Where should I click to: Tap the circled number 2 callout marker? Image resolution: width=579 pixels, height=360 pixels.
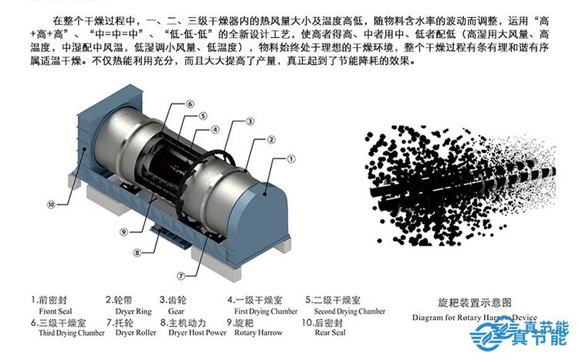coord(271,139)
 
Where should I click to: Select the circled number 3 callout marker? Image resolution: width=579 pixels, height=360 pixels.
coord(250,122)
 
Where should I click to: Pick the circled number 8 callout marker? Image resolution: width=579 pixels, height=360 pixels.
coord(137,252)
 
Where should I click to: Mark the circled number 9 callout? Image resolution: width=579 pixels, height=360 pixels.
coord(124,231)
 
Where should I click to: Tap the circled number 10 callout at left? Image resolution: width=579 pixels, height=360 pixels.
coord(51,205)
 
